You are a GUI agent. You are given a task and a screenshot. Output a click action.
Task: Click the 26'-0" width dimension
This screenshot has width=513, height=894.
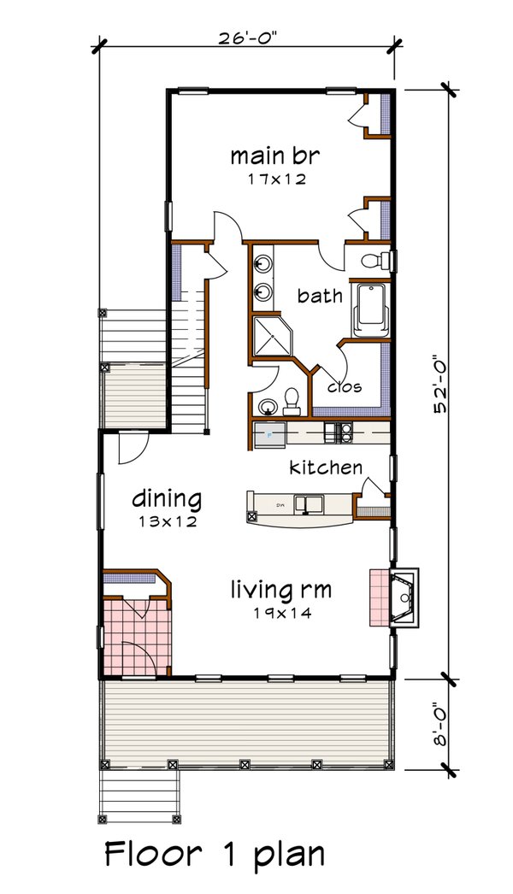(x=247, y=38)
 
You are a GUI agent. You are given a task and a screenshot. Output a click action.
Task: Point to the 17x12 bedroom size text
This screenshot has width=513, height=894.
(x=268, y=180)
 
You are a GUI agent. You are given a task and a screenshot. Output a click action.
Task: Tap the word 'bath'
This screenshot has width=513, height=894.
(x=320, y=296)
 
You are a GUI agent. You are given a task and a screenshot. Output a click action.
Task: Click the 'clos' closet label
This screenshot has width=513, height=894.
(x=345, y=386)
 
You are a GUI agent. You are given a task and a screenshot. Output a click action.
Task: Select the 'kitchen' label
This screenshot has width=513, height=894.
(x=325, y=468)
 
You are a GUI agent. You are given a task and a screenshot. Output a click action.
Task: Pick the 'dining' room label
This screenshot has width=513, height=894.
(x=167, y=498)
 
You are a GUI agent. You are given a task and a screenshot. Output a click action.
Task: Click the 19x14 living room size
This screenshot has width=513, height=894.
(x=280, y=612)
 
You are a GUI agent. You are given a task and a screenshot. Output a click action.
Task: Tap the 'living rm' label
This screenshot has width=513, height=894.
(x=280, y=589)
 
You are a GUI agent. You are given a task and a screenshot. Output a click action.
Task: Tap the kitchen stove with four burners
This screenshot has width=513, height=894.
(x=345, y=433)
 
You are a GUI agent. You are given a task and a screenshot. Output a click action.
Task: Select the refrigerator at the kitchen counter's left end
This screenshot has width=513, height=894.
(x=271, y=433)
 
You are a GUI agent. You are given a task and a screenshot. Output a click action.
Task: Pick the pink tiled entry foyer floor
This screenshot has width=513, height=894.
(x=137, y=636)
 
